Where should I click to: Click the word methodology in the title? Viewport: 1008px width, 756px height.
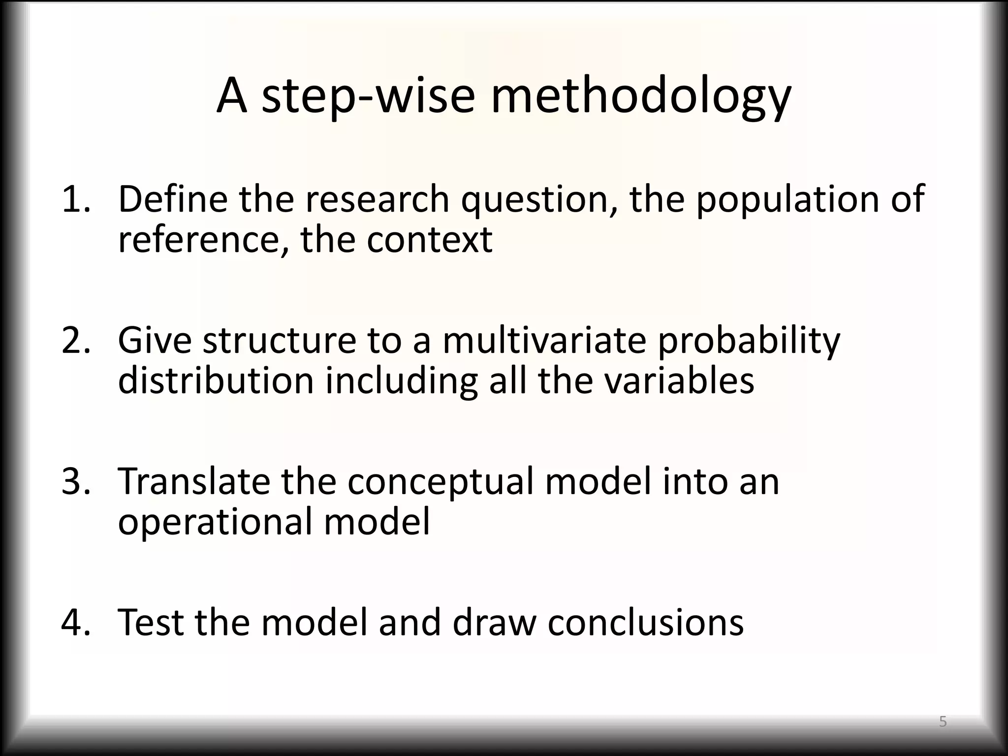point(641,96)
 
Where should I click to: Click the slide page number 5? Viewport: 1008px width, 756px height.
point(943,722)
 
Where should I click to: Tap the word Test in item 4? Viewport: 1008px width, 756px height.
point(151,622)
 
